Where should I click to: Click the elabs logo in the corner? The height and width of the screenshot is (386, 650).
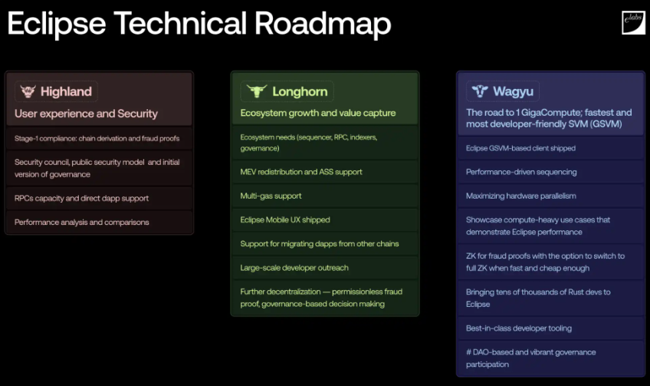coord(633,23)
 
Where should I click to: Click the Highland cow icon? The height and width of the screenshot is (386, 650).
coord(28,91)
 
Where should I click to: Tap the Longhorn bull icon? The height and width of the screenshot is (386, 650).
coord(257,91)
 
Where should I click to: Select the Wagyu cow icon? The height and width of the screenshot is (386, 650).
coord(480,91)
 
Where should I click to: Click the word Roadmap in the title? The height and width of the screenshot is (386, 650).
coord(323,23)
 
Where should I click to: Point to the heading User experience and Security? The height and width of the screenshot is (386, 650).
coord(86,114)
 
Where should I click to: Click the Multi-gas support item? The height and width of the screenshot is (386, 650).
coord(271,196)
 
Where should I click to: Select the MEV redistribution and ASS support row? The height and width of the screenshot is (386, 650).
coord(301,172)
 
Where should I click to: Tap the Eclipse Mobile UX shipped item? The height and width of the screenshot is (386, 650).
coord(285,219)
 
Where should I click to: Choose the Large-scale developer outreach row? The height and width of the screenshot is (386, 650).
coord(294,268)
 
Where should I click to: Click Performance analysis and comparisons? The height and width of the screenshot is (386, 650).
coord(82,222)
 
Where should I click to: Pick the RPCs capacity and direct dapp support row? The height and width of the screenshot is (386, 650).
coord(81,199)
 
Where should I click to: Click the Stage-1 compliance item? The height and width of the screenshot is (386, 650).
coord(97,138)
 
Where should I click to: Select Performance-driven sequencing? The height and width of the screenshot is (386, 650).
coord(521,172)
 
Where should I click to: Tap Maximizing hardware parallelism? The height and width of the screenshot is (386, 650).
coord(520,196)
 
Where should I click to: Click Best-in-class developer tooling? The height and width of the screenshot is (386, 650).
coord(519,328)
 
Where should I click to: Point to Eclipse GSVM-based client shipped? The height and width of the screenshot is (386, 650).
coord(520,148)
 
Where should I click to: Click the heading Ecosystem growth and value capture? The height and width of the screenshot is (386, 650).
coord(318,113)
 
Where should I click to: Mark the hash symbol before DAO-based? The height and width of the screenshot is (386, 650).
coord(468,352)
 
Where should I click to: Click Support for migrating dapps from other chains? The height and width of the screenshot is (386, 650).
coord(320,243)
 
